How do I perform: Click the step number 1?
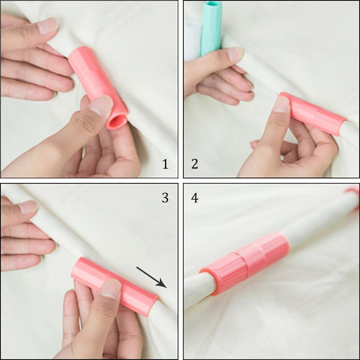(x=165, y=164)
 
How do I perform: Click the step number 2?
(x=194, y=164)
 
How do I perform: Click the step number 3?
(x=165, y=198)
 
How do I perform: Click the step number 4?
(x=194, y=198)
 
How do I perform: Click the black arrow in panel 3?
(x=152, y=277)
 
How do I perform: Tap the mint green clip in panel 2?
(x=211, y=28)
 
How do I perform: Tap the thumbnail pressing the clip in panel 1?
(x=101, y=106)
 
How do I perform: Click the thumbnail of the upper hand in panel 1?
(x=47, y=26)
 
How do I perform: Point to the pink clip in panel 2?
(x=313, y=113)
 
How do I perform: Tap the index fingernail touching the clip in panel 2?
(x=282, y=104)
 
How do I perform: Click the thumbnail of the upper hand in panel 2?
(x=235, y=54)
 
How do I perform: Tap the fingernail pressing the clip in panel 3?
(x=110, y=289)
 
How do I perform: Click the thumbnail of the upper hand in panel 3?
(x=28, y=207)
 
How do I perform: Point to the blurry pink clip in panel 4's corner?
(x=353, y=198)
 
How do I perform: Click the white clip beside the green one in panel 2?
(x=193, y=40)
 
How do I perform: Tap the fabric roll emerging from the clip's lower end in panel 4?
(x=200, y=290)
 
